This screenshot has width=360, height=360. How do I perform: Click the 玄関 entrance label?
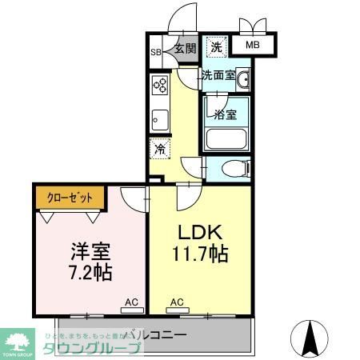coord(185,48)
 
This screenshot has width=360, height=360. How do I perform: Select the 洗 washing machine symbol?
coord(216,46)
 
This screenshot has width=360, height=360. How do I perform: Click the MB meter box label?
coord(252,46)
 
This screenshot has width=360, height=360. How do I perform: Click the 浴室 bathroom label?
coord(224,114)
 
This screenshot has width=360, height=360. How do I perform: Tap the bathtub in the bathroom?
coord(227,137)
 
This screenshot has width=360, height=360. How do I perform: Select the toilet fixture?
coord(236,169)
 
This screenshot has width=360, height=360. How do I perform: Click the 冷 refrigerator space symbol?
coord(160,149)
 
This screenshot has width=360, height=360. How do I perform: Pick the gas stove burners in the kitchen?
coord(159,86)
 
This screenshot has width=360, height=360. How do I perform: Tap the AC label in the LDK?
coord(177,302)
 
